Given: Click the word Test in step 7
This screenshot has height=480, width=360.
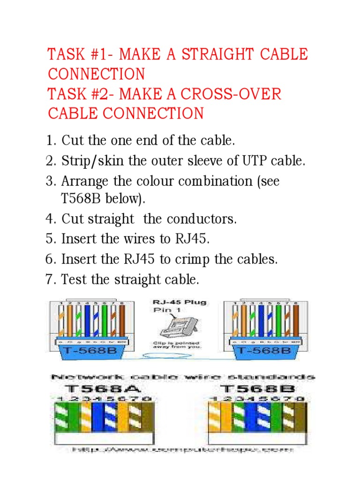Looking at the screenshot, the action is [74, 279].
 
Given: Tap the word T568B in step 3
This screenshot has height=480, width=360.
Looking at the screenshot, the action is [79, 199].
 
